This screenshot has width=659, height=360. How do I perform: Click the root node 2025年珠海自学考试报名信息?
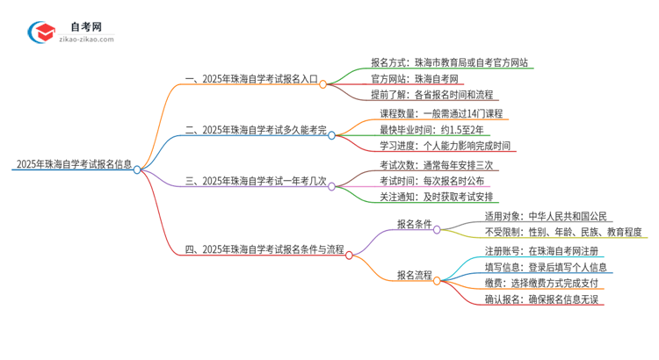(x=73, y=163)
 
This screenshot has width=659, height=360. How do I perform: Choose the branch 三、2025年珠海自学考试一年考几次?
(x=256, y=181)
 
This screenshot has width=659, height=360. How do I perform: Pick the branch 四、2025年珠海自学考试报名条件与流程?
(x=264, y=249)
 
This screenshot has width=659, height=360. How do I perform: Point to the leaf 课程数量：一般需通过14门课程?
(x=444, y=113)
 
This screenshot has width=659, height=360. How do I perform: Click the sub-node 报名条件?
(x=414, y=224)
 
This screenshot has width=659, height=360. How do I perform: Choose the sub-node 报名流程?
(x=414, y=275)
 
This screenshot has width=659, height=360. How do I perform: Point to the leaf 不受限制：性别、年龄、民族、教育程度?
(x=563, y=232)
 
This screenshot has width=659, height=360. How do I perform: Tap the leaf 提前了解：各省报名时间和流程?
(x=431, y=94)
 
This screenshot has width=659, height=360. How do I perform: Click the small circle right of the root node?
(x=137, y=170)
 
